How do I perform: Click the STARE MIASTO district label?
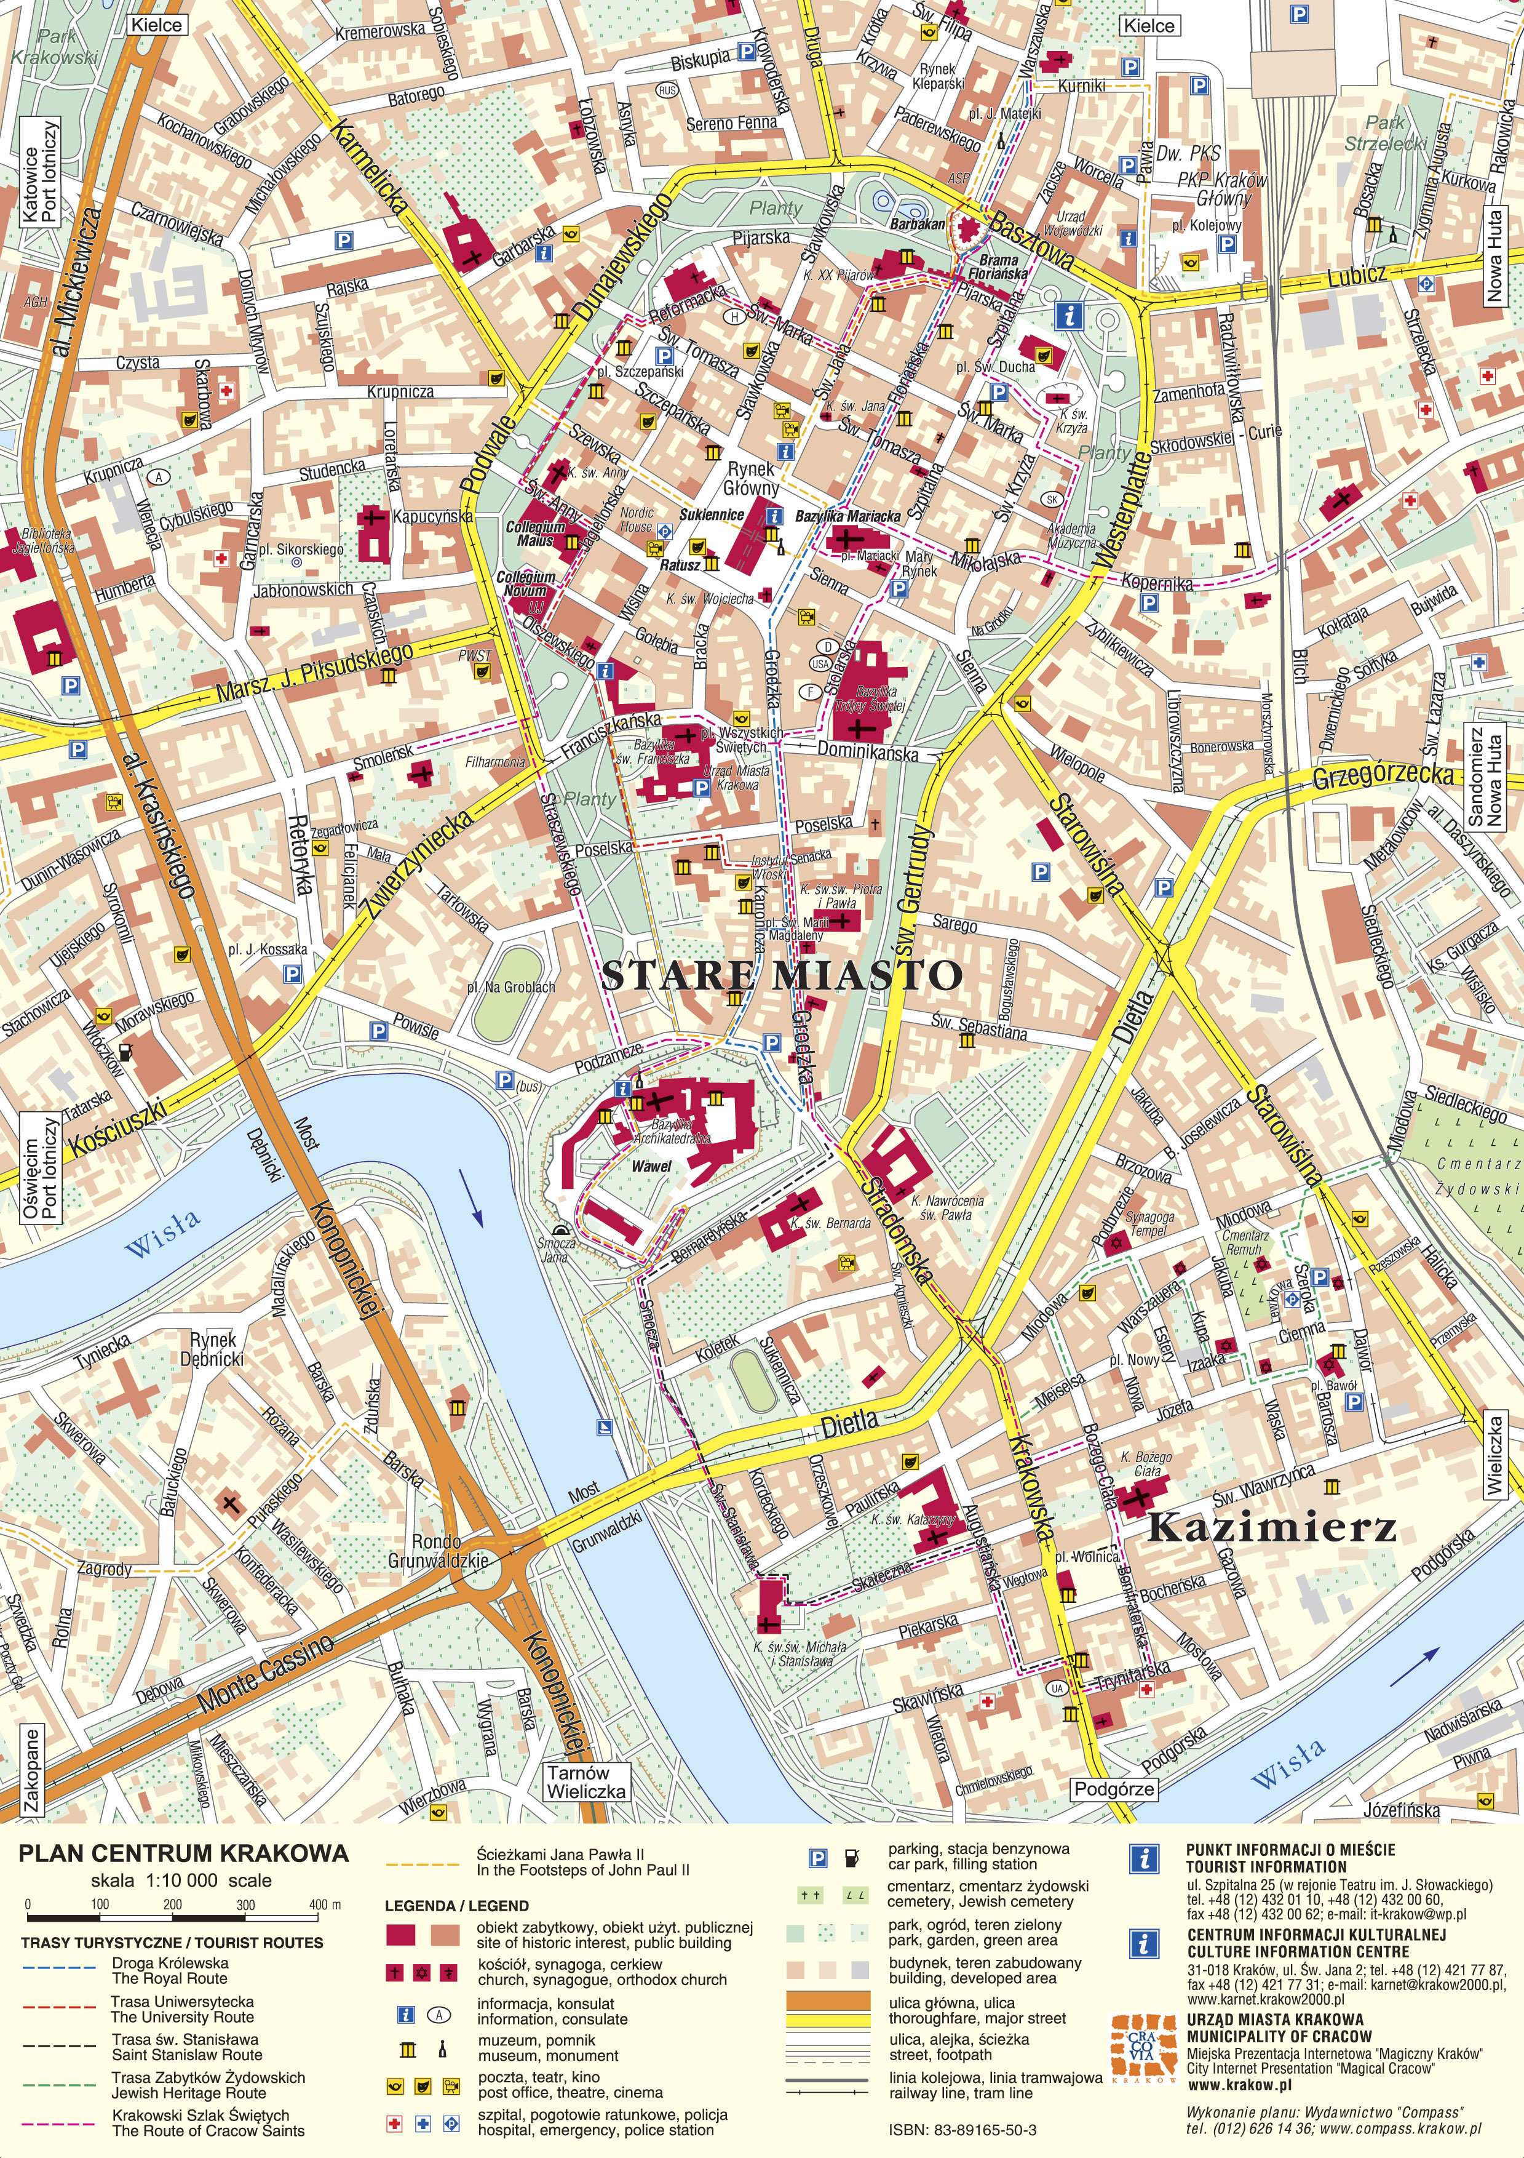pyautogui.click(x=781, y=975)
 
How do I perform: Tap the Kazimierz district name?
pyautogui.click(x=1271, y=1529)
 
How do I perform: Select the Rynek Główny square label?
pyautogui.click(x=751, y=478)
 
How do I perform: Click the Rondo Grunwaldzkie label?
pyautogui.click(x=438, y=1551)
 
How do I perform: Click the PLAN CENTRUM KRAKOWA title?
pyautogui.click(x=184, y=1853)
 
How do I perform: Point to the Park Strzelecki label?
pyautogui.click(x=1385, y=132)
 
